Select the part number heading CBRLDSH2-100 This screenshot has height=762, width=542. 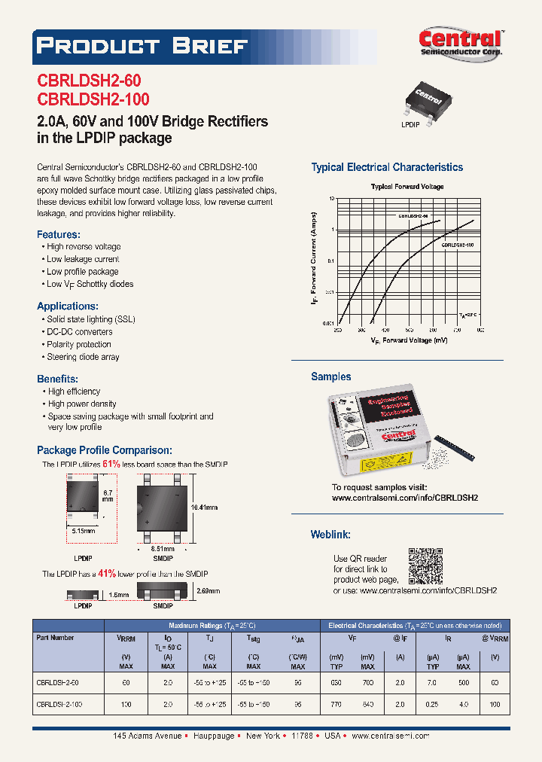click(x=93, y=99)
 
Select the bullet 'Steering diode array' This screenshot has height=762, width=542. click(x=83, y=357)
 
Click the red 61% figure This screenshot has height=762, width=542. click(x=111, y=465)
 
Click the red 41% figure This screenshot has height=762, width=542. click(x=106, y=573)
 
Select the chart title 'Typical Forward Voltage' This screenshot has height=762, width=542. click(x=407, y=186)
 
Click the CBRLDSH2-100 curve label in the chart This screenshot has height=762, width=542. click(x=457, y=245)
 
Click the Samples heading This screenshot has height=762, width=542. click(x=330, y=376)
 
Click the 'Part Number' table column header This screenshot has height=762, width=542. click(x=55, y=638)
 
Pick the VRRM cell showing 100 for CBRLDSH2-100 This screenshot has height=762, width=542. click(x=126, y=704)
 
